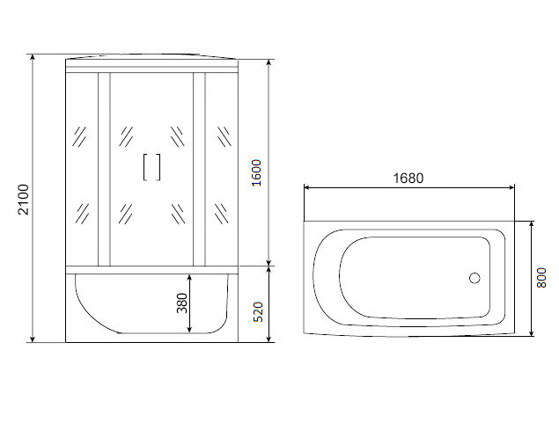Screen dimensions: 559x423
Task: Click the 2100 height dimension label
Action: (24, 200)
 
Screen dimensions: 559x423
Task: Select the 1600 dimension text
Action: (256, 173)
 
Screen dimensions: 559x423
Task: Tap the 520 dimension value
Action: (258, 312)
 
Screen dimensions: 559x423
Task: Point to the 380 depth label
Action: (182, 303)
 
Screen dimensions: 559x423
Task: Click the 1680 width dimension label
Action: (408, 178)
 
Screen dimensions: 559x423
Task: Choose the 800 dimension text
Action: (541, 278)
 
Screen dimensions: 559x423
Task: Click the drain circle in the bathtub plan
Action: (474, 278)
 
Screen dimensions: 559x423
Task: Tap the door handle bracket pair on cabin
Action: (152, 167)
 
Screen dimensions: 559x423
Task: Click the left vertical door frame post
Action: (104, 170)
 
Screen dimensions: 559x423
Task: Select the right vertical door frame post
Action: (199, 170)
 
